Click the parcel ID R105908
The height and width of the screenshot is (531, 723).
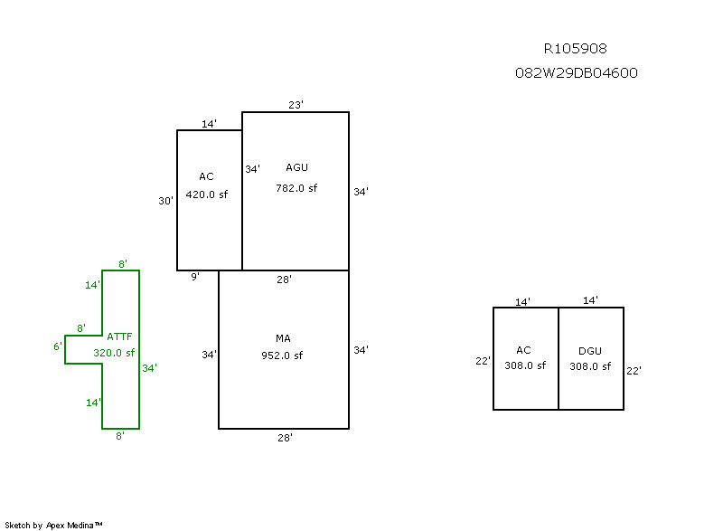coord(576,49)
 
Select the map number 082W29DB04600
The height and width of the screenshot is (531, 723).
coord(576,73)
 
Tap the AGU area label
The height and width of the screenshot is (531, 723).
coord(296,167)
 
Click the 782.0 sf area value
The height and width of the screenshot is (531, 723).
coord(296,188)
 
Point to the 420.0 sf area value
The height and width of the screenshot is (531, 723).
coord(206,194)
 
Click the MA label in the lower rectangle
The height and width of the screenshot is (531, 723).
coord(283,338)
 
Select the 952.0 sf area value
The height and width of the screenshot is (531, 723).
coord(282,356)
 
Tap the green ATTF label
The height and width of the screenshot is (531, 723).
coord(120,337)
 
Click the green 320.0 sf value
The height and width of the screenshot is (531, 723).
coord(114,353)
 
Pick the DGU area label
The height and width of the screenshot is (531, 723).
coord(590,351)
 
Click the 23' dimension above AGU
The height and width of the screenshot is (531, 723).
coord(296,105)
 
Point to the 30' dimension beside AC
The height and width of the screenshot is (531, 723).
coord(166,202)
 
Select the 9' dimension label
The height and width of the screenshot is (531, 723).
coord(194,278)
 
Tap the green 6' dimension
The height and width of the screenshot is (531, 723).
coord(58,346)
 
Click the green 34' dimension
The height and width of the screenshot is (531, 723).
coord(149,368)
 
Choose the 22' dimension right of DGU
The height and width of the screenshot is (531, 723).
coord(634,371)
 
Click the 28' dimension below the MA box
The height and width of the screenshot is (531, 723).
coord(284,438)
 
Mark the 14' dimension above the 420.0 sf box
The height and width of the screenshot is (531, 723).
coord(209,124)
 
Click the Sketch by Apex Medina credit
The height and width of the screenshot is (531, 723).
coord(54,525)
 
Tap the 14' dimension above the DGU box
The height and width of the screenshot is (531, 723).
coord(590,300)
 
